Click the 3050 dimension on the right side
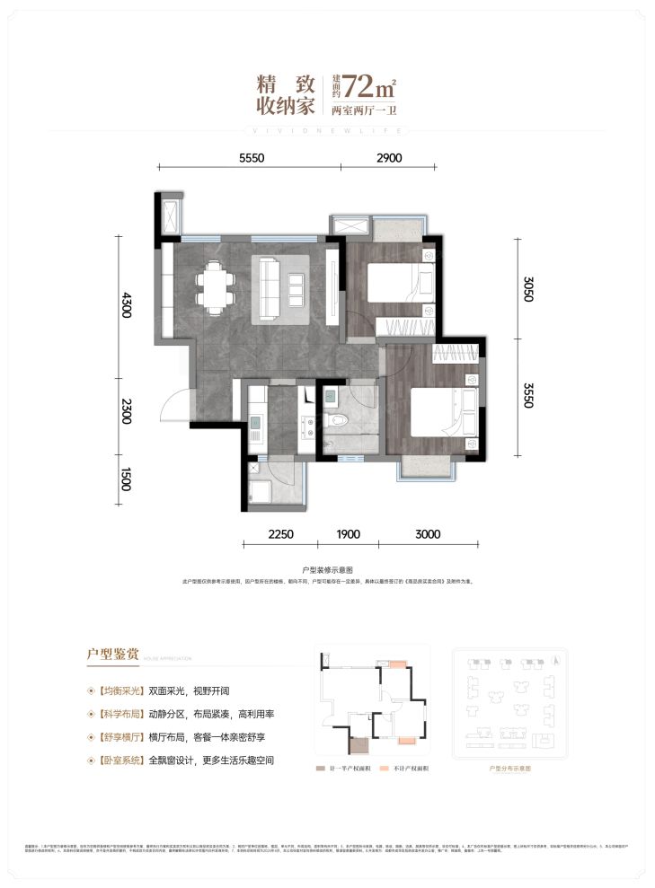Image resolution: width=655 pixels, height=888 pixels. (527, 290)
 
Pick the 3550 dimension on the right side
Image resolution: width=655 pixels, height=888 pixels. (527, 395)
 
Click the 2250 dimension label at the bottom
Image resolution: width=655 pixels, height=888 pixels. (280, 535)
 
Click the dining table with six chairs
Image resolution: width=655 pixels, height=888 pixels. (217, 285)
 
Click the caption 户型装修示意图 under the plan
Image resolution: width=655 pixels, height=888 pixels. (328, 569)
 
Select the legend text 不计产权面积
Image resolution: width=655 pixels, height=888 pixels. (409, 769)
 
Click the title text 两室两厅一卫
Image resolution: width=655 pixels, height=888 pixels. (364, 112)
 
